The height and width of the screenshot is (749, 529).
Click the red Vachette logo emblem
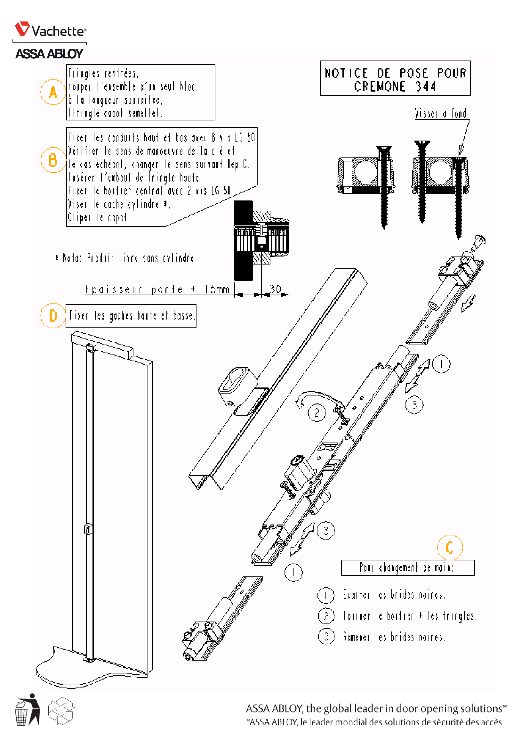click(22, 29)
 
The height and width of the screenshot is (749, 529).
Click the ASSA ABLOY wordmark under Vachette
click(49, 54)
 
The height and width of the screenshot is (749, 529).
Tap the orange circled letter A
click(53, 92)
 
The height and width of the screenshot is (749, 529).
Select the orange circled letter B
click(53, 160)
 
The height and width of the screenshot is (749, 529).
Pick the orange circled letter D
click(53, 315)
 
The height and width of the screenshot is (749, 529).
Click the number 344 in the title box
click(426, 87)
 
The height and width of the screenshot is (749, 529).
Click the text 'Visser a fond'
click(440, 114)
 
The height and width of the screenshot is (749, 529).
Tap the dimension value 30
click(275, 289)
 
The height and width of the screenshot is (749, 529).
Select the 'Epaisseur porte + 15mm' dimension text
click(157, 289)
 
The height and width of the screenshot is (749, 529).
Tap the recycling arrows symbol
click(61, 711)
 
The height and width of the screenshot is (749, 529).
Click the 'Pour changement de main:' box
click(407, 568)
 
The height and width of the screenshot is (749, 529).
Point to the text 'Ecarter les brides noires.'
click(394, 595)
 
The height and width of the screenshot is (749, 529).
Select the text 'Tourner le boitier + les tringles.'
click(410, 616)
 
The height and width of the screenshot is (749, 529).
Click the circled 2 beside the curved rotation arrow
click(317, 413)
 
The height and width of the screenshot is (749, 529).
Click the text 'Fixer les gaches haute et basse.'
click(131, 316)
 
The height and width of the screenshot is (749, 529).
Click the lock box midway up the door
click(88, 529)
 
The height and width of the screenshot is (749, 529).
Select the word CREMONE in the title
click(380, 87)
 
